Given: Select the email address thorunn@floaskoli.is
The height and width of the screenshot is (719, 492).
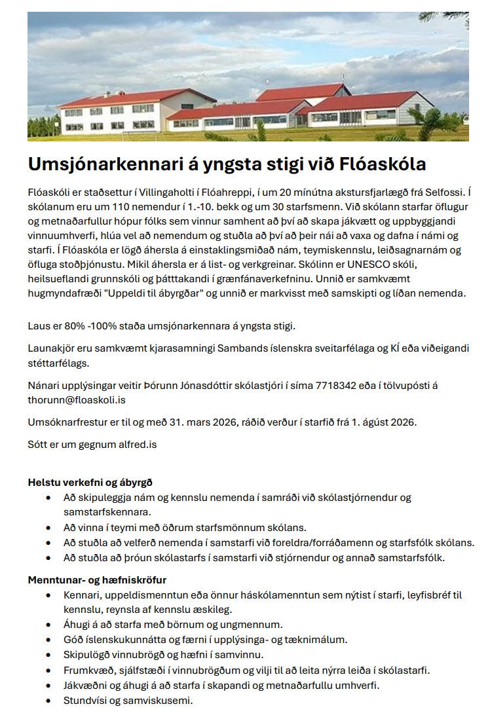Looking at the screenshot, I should point(77,399).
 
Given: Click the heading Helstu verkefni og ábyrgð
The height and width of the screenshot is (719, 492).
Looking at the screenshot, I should point(90,483).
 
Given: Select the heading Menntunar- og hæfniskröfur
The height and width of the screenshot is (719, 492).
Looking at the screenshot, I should point(97,580).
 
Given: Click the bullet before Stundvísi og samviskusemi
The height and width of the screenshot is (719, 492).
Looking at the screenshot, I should point(48,700).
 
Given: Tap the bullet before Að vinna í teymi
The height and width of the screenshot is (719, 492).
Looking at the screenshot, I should point(48,526).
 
